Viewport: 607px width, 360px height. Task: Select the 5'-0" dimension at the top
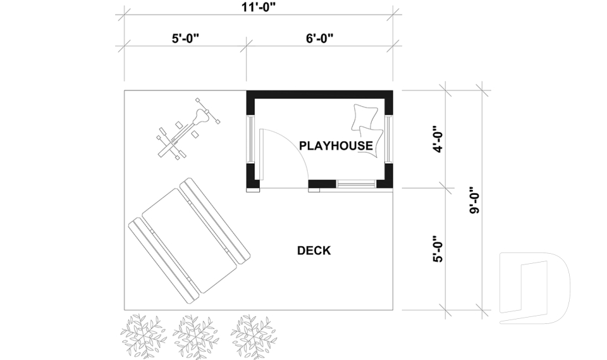click(185, 39)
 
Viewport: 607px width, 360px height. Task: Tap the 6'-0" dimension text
click(320, 39)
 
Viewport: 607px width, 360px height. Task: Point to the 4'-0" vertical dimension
click(438, 139)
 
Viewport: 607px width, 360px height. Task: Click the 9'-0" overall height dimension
click(475, 201)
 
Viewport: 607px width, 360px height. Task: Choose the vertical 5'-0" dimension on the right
click(438, 249)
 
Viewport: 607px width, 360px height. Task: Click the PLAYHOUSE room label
click(336, 146)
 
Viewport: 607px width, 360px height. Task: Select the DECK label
click(314, 251)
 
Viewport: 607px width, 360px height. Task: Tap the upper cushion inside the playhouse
click(364, 118)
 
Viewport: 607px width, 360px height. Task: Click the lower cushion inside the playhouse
click(371, 142)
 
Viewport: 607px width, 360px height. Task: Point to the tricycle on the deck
click(188, 128)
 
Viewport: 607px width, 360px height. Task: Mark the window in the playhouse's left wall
click(250, 139)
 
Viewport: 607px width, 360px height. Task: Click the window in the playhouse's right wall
click(388, 139)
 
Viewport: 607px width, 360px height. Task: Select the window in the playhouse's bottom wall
click(356, 183)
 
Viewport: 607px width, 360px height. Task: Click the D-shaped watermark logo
click(535, 288)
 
